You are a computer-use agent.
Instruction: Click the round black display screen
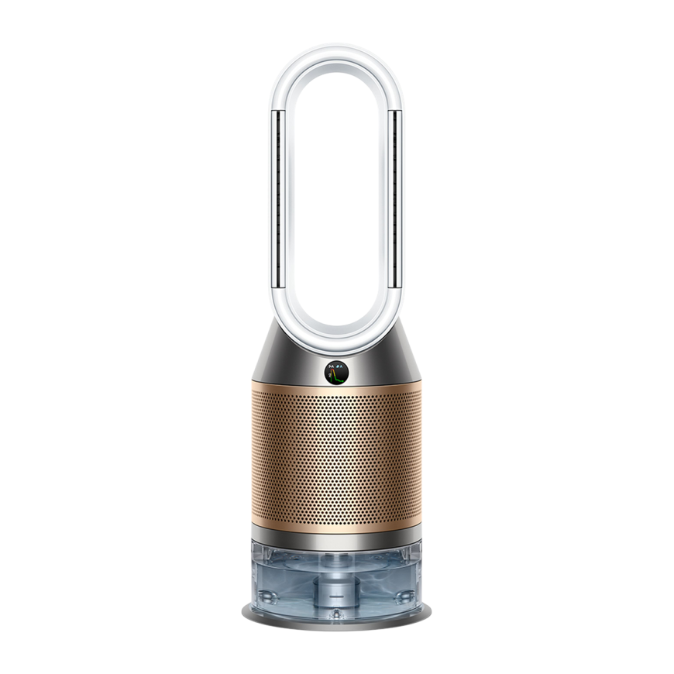(336, 373)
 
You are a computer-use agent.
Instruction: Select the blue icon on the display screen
(339, 366)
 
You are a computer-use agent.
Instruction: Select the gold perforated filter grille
(336, 457)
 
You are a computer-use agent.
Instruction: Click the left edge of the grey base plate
(246, 612)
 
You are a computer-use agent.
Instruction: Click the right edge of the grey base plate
(427, 612)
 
